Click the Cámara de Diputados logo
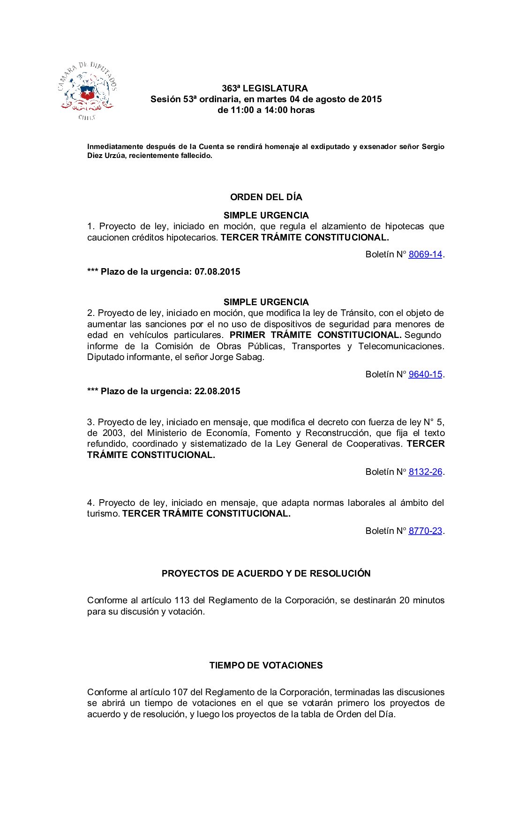click(x=87, y=91)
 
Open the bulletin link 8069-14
click(x=425, y=255)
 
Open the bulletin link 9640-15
click(x=425, y=375)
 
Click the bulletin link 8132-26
click(x=425, y=472)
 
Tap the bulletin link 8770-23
click(x=425, y=531)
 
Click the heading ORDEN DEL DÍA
click(x=266, y=197)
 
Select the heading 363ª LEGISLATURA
click(x=265, y=89)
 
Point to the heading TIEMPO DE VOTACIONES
click(x=266, y=666)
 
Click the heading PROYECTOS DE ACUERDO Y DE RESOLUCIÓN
click(x=266, y=574)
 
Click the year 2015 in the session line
click(x=371, y=99)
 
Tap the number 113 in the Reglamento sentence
click(x=182, y=600)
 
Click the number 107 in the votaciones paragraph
click(x=180, y=692)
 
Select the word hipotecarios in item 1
click(x=192, y=238)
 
